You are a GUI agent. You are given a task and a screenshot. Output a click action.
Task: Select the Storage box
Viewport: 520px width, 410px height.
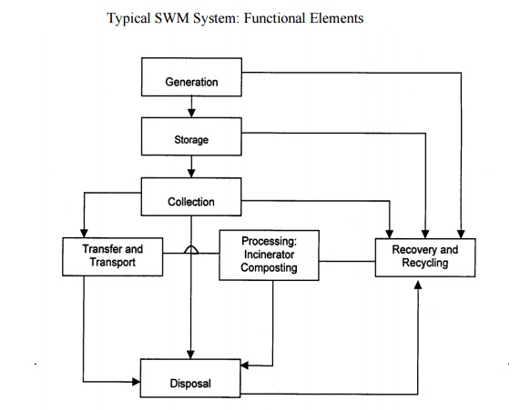[x=191, y=139]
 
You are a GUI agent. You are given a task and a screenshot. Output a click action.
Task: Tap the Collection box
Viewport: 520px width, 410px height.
[x=191, y=200]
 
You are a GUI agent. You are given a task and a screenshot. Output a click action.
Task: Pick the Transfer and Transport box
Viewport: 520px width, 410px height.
[x=112, y=255]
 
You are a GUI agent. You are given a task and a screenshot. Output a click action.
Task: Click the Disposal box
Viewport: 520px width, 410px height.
[x=191, y=383]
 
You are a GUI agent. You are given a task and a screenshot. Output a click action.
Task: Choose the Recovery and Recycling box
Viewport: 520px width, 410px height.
[x=424, y=255]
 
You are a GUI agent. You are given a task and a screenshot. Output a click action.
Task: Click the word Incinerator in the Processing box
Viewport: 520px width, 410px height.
[x=270, y=255]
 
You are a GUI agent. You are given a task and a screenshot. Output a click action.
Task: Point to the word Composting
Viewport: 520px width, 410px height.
[x=270, y=269]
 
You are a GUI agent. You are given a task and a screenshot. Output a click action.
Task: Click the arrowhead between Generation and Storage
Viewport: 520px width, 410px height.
[x=191, y=113]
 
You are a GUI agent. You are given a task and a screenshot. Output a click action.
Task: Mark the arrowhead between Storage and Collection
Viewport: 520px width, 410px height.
[x=191, y=173]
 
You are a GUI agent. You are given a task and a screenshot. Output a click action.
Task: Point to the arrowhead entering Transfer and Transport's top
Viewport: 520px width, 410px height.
[x=83, y=231]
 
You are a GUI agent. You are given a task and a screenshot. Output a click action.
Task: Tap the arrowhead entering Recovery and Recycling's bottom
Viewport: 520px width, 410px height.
[x=418, y=284]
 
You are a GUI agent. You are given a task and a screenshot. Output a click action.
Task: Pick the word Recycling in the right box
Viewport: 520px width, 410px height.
[x=424, y=263]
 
